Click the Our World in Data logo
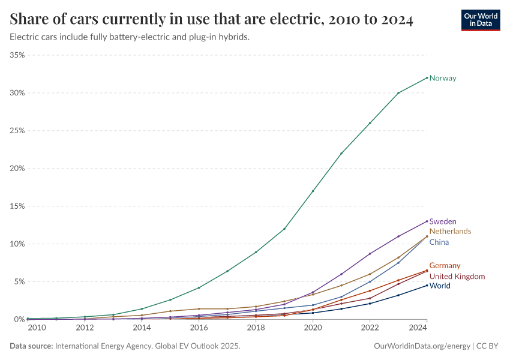click(x=480, y=20)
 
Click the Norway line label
click(x=443, y=78)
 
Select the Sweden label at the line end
click(x=443, y=221)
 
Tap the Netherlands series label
click(x=450, y=231)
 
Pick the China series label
click(x=439, y=242)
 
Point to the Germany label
click(x=445, y=266)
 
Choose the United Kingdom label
click(x=457, y=277)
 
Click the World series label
click(x=440, y=286)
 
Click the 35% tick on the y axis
click(x=17, y=55)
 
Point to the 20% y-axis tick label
click(x=17, y=169)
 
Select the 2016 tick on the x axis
click(x=199, y=328)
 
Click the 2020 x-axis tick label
click(x=313, y=328)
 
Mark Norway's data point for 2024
click(x=427, y=77)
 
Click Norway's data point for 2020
click(x=313, y=191)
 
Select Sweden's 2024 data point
click(x=427, y=221)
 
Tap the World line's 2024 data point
click(x=427, y=285)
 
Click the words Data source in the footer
click(x=31, y=346)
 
